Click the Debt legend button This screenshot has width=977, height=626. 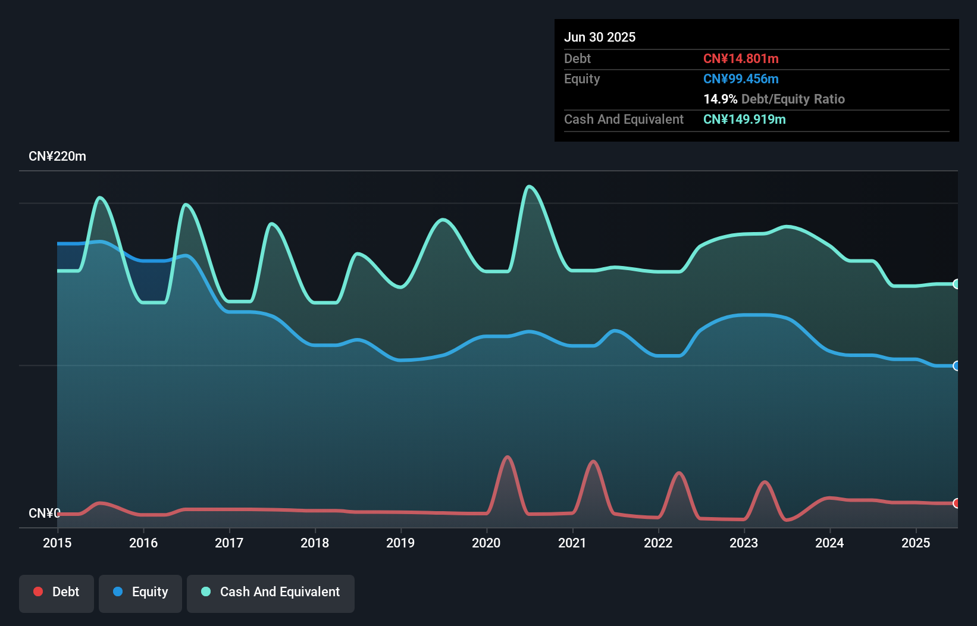(56, 592)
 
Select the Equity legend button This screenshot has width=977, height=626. (140, 592)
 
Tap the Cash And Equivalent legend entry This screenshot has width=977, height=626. (271, 592)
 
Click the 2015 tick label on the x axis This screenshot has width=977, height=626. (57, 543)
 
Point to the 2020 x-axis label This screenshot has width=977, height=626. (486, 543)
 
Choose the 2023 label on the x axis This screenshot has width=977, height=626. (744, 543)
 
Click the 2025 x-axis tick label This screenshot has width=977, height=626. (916, 543)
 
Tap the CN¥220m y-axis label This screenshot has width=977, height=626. (57, 156)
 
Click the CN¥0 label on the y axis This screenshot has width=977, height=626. (44, 513)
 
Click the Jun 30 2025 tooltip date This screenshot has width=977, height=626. (600, 37)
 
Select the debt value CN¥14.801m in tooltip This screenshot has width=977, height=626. (741, 58)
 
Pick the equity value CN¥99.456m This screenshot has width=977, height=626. (741, 79)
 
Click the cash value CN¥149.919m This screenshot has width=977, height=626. (744, 119)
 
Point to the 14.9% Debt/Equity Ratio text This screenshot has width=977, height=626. (774, 99)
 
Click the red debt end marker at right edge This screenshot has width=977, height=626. (956, 503)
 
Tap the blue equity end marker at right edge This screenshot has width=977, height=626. (956, 366)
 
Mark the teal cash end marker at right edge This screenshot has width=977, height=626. (956, 284)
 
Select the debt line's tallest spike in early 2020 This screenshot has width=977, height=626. (508, 457)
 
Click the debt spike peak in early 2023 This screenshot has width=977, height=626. (765, 482)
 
